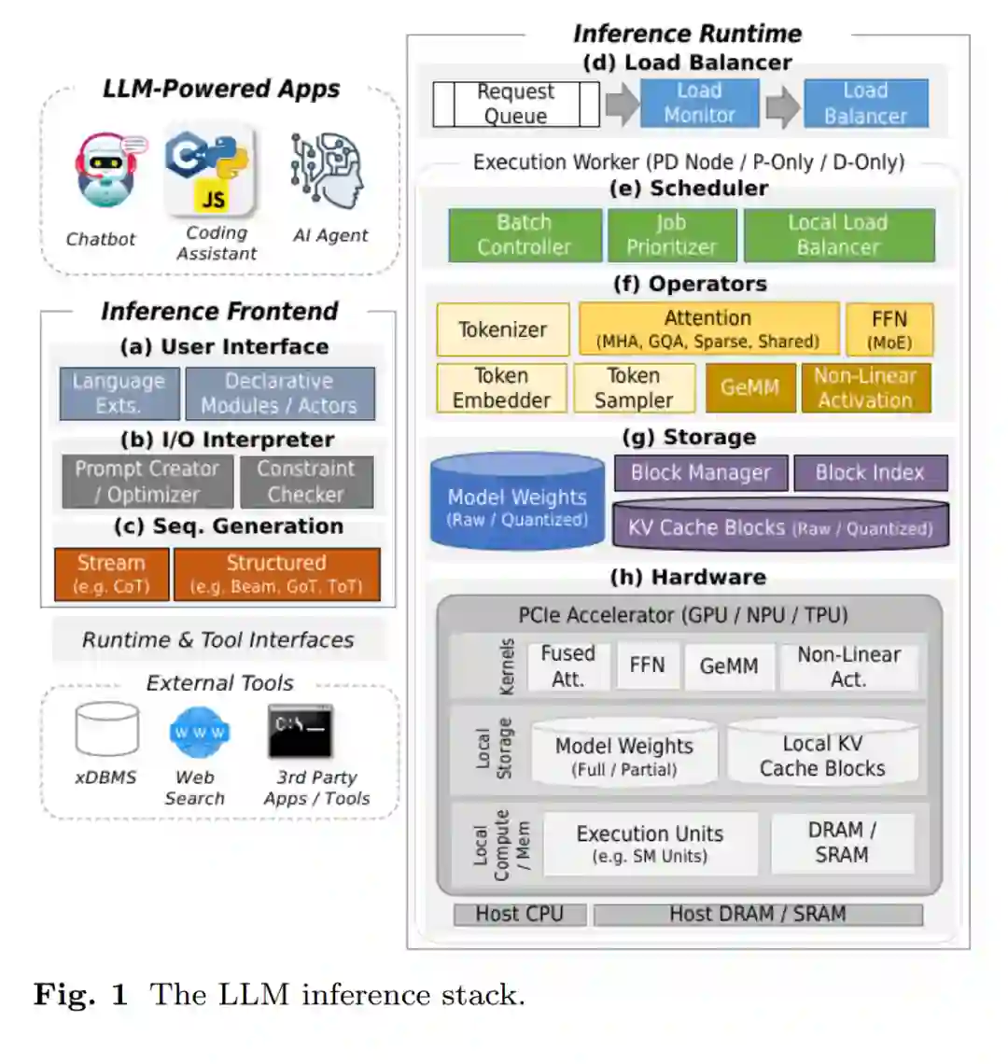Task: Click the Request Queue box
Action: tap(516, 104)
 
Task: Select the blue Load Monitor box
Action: tap(699, 103)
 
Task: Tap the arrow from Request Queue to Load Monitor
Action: tap(622, 104)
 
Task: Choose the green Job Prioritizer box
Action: tap(671, 235)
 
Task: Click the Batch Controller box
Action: tap(525, 235)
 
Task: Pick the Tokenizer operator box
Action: tap(502, 329)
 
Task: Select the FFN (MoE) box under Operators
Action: tap(889, 329)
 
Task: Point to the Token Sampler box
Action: tap(634, 388)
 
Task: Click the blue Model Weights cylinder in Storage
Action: tap(517, 501)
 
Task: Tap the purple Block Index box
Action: tap(870, 473)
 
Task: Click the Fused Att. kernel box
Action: tap(567, 666)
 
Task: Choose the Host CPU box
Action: tap(520, 915)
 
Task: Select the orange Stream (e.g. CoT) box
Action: tap(112, 574)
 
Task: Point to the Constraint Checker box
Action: tap(306, 482)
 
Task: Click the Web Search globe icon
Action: tap(198, 734)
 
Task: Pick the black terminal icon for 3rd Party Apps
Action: tap(301, 731)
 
